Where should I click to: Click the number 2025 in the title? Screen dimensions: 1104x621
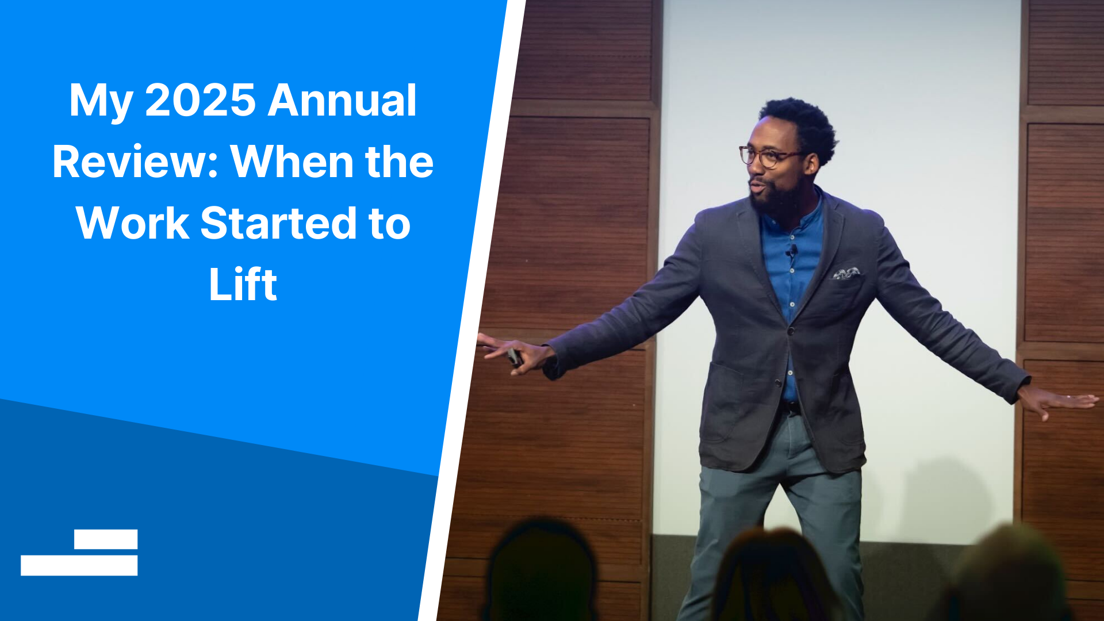coord(200,101)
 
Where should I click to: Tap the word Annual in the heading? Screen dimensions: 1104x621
coord(342,101)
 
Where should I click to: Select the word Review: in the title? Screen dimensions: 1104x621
coord(136,162)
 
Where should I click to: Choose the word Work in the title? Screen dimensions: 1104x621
coord(133,223)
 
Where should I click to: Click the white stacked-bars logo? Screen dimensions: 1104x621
coord(79,553)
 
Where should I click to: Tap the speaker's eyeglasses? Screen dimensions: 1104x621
coord(769,156)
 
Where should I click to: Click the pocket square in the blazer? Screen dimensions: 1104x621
coord(846,274)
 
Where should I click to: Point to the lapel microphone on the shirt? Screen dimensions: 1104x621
coord(792,251)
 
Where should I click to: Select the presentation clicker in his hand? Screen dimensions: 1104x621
coord(514,357)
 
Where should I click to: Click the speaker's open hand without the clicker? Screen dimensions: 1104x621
coord(1058,402)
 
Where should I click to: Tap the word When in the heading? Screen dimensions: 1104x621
coord(292,162)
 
